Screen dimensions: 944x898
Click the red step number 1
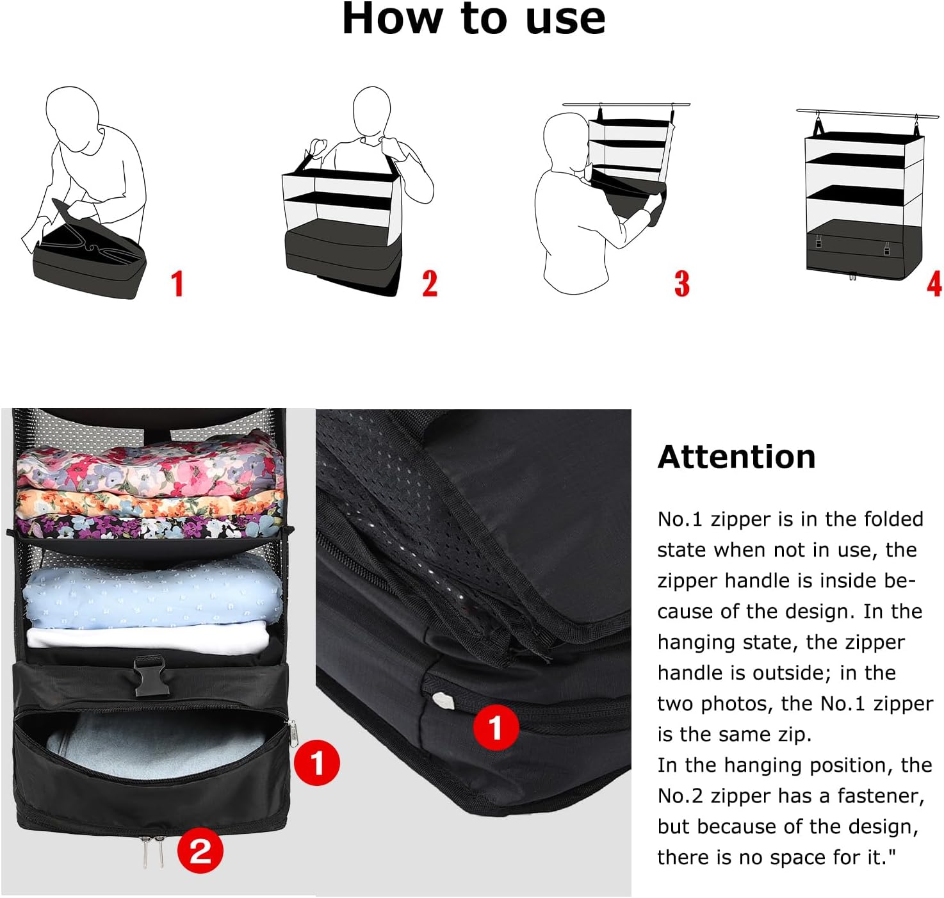(177, 283)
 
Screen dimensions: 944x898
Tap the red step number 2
(430, 283)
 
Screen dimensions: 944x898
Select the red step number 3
(682, 284)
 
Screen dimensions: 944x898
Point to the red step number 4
(934, 284)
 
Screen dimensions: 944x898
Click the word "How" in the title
(391, 19)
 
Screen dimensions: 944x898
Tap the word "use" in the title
(566, 22)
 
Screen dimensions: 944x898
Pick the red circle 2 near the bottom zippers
(200, 851)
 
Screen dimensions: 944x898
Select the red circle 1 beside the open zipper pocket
(316, 763)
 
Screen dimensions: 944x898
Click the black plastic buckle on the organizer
(149, 676)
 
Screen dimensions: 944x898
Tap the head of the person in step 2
(371, 114)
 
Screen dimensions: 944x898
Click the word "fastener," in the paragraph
(881, 796)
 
